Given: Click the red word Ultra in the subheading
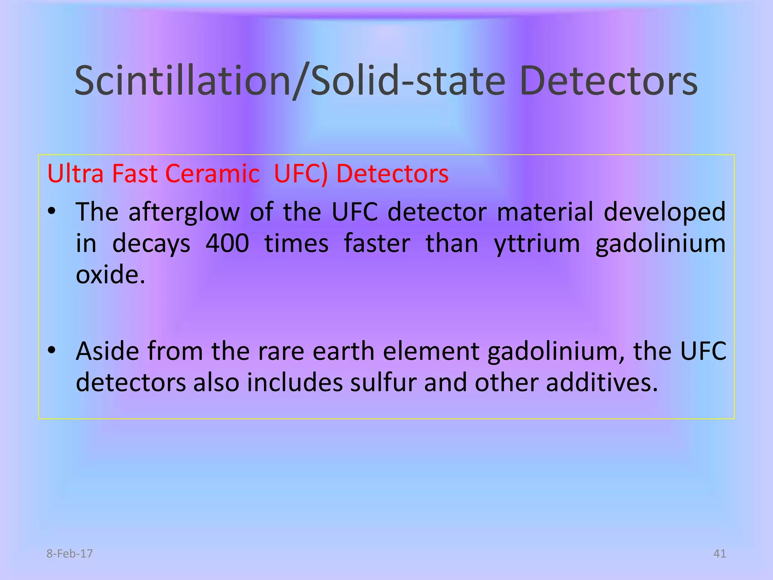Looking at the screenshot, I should point(75,174).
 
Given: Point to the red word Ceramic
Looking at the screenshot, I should point(212,174).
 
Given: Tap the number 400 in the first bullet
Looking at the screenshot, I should point(227,243).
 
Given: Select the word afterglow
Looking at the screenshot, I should point(184,212).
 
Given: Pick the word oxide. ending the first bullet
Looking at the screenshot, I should point(110,275).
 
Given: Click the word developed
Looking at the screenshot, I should point(664,212).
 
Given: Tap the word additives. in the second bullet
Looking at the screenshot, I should point(602,383).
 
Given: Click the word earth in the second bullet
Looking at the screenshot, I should point(344,351).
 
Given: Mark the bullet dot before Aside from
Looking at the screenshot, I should point(52,351).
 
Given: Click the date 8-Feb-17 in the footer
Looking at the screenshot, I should point(69,554).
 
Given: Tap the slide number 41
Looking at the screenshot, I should point(719,554).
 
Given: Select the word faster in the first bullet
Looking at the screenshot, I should point(377,243).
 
